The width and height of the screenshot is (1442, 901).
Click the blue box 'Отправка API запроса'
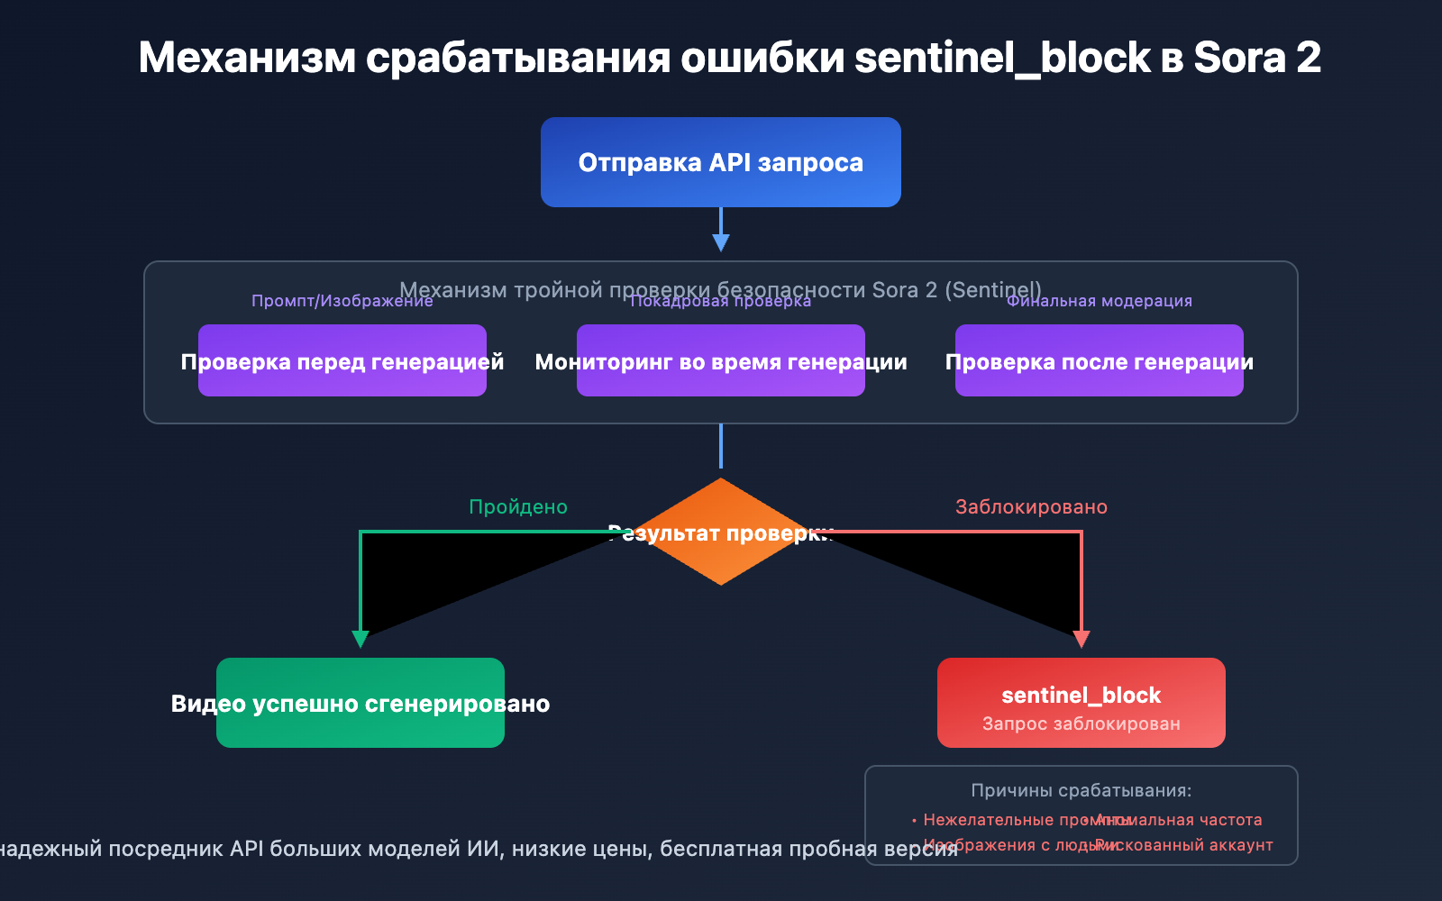721,162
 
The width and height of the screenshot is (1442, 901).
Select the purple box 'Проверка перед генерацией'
342,361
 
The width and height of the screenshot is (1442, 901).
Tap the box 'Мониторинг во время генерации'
721,361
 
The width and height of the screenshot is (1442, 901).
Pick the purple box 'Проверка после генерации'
1100,361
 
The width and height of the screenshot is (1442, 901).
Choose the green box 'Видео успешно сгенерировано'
360,703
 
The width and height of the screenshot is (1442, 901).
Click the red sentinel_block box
1081,703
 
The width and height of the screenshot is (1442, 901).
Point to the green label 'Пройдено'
518,507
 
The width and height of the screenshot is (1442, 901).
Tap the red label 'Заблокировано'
1031,507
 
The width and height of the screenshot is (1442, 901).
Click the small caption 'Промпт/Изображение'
342,301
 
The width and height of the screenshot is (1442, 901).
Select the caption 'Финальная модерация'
1100,301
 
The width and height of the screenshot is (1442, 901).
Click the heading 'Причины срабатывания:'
1081,790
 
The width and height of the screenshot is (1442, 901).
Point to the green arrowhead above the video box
360,639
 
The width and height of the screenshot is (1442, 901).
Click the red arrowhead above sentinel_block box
1081,639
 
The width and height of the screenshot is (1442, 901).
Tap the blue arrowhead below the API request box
721,242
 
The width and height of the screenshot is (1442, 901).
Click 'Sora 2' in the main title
1257,58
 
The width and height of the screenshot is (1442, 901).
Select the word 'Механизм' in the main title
247,58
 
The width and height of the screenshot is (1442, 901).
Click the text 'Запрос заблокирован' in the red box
1081,724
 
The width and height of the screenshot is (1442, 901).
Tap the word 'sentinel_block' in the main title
1002,58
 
